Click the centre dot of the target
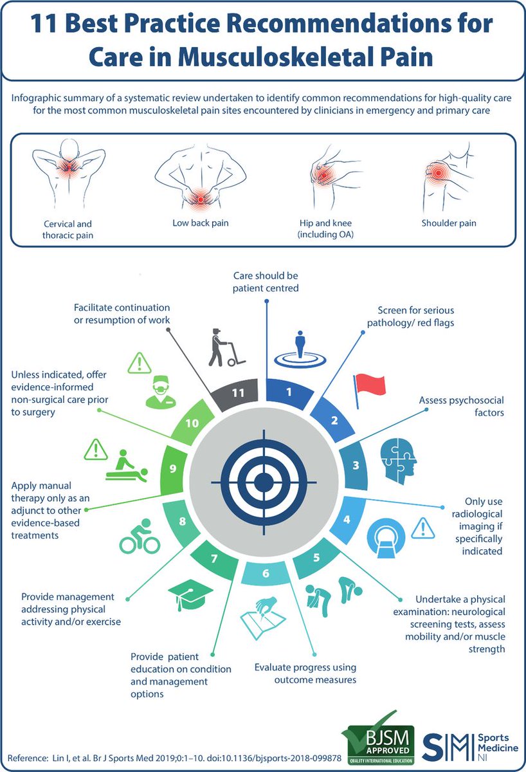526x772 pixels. (x=263, y=481)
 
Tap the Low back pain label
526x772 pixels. (x=201, y=223)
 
